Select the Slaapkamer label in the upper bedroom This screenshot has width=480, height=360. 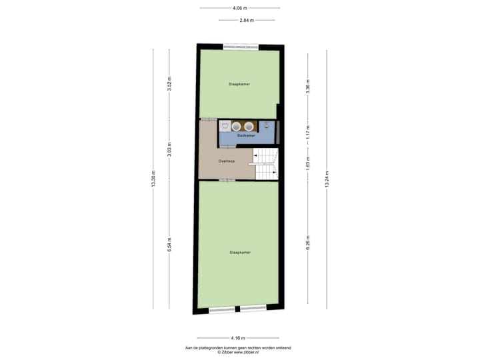(x=239, y=85)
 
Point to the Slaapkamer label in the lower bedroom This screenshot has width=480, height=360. (x=239, y=253)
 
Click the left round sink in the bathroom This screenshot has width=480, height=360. (x=235, y=125)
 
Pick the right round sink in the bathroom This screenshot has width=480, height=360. (x=249, y=125)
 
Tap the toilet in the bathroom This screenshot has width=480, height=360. (x=266, y=124)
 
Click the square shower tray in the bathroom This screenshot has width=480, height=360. (x=225, y=125)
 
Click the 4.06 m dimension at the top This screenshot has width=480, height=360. (x=239, y=8)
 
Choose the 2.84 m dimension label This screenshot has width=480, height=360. (x=246, y=21)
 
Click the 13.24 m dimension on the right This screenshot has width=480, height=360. (x=326, y=179)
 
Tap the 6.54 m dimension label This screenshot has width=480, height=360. (x=169, y=245)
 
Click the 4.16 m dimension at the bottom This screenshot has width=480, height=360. (x=238, y=337)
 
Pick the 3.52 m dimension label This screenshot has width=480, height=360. (x=169, y=85)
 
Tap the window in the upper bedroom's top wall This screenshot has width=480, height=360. (x=241, y=46)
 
